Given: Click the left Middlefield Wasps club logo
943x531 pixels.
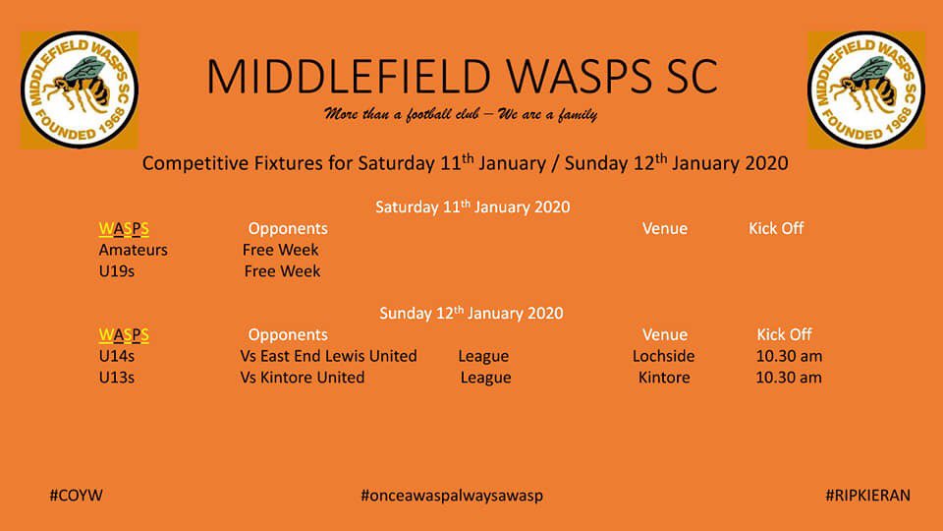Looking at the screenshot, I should [x=80, y=89].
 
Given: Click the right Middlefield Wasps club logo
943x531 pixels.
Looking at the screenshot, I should [x=866, y=89].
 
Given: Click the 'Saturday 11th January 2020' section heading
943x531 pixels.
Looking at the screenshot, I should [x=472, y=207].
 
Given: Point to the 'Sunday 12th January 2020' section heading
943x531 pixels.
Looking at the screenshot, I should [x=471, y=314].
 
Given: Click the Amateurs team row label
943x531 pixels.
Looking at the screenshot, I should [x=134, y=250].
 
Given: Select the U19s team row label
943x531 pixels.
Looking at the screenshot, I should [x=117, y=271].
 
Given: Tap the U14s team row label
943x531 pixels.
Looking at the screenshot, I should [x=117, y=356].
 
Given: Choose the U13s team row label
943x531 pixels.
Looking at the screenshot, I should [x=117, y=378].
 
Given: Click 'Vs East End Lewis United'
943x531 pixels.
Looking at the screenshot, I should [x=328, y=356].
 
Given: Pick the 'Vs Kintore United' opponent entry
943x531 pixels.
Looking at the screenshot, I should [x=302, y=378].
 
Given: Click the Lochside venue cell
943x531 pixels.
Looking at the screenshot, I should [x=663, y=356].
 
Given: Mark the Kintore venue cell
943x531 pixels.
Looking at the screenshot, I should [x=664, y=378].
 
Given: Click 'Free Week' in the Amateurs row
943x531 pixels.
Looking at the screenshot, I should [x=281, y=250].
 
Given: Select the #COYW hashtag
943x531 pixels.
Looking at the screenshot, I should [x=76, y=496].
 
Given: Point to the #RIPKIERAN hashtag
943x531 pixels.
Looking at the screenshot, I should [x=867, y=496].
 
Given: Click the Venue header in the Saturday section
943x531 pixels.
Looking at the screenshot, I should [x=665, y=228].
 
